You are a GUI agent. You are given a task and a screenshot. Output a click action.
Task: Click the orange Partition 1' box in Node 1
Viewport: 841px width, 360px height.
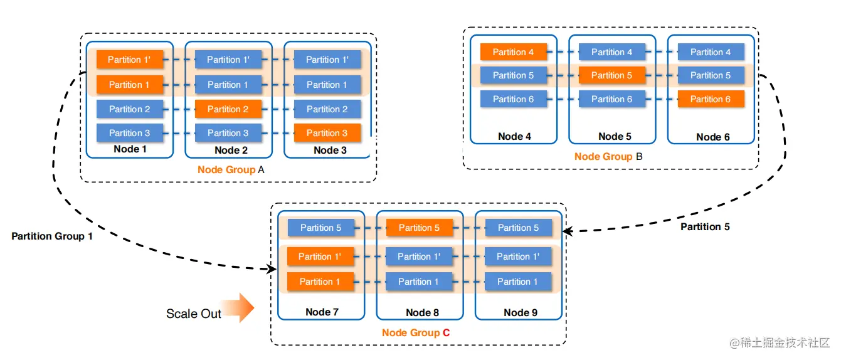[x=130, y=60]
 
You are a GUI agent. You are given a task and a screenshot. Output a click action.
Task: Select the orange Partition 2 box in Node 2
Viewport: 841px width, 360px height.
[x=228, y=109]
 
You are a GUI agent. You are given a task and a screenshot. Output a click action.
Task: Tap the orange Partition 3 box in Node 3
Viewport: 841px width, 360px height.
[x=327, y=133]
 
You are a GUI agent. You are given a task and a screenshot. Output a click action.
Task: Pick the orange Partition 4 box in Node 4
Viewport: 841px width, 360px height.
[x=514, y=52]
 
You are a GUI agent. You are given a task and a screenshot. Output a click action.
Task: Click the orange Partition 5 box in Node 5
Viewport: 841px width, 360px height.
[x=612, y=75]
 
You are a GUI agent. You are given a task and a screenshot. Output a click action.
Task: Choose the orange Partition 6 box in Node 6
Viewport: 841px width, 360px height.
[x=711, y=99]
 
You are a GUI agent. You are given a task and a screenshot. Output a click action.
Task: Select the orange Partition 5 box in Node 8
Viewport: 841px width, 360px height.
[x=420, y=228]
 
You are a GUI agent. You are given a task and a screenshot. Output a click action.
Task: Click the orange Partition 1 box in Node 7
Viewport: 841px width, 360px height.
[x=320, y=282]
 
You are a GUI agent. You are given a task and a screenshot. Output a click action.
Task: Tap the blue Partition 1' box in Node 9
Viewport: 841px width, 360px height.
[x=518, y=257]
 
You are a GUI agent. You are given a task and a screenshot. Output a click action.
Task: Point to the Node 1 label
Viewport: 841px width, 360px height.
[x=130, y=149]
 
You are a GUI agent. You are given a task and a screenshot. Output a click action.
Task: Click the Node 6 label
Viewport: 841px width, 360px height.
[x=712, y=137]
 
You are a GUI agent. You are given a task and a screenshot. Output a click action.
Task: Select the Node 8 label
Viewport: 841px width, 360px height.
[x=423, y=312]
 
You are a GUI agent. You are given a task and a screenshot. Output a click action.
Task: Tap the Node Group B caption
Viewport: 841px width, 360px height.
[x=608, y=156]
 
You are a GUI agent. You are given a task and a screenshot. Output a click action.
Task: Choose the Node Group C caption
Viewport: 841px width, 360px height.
[x=416, y=332]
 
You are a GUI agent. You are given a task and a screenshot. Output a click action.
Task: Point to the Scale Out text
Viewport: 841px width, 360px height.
[x=194, y=314]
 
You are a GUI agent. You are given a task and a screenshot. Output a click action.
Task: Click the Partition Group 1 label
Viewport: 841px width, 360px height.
[x=52, y=236]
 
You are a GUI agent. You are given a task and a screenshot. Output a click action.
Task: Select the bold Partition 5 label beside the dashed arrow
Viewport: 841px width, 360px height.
[x=705, y=226]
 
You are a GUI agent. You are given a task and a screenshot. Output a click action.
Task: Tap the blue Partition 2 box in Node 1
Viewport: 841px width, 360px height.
[x=130, y=109]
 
